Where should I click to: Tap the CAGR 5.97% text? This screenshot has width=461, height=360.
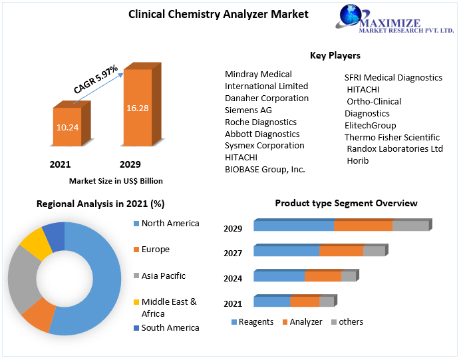tap(96, 79)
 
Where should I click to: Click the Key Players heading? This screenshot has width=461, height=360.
tap(335, 55)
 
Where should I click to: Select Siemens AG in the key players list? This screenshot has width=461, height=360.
tap(248, 110)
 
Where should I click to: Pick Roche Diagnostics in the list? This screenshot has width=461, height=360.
tap(261, 122)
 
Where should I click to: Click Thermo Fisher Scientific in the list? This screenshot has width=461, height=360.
tap(392, 137)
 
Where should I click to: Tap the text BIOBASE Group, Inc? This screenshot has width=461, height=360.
tap(265, 169)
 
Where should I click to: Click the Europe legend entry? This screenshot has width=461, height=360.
tap(155, 250)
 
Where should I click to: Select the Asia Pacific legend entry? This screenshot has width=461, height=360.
tap(163, 275)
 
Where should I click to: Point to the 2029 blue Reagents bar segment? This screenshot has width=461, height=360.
tap(293, 226)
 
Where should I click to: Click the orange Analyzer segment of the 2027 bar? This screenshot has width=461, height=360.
tap(341, 251)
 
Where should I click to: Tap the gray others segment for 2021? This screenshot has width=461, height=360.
tap(326, 302)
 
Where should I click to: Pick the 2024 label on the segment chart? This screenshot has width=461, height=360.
tap(233, 279)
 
